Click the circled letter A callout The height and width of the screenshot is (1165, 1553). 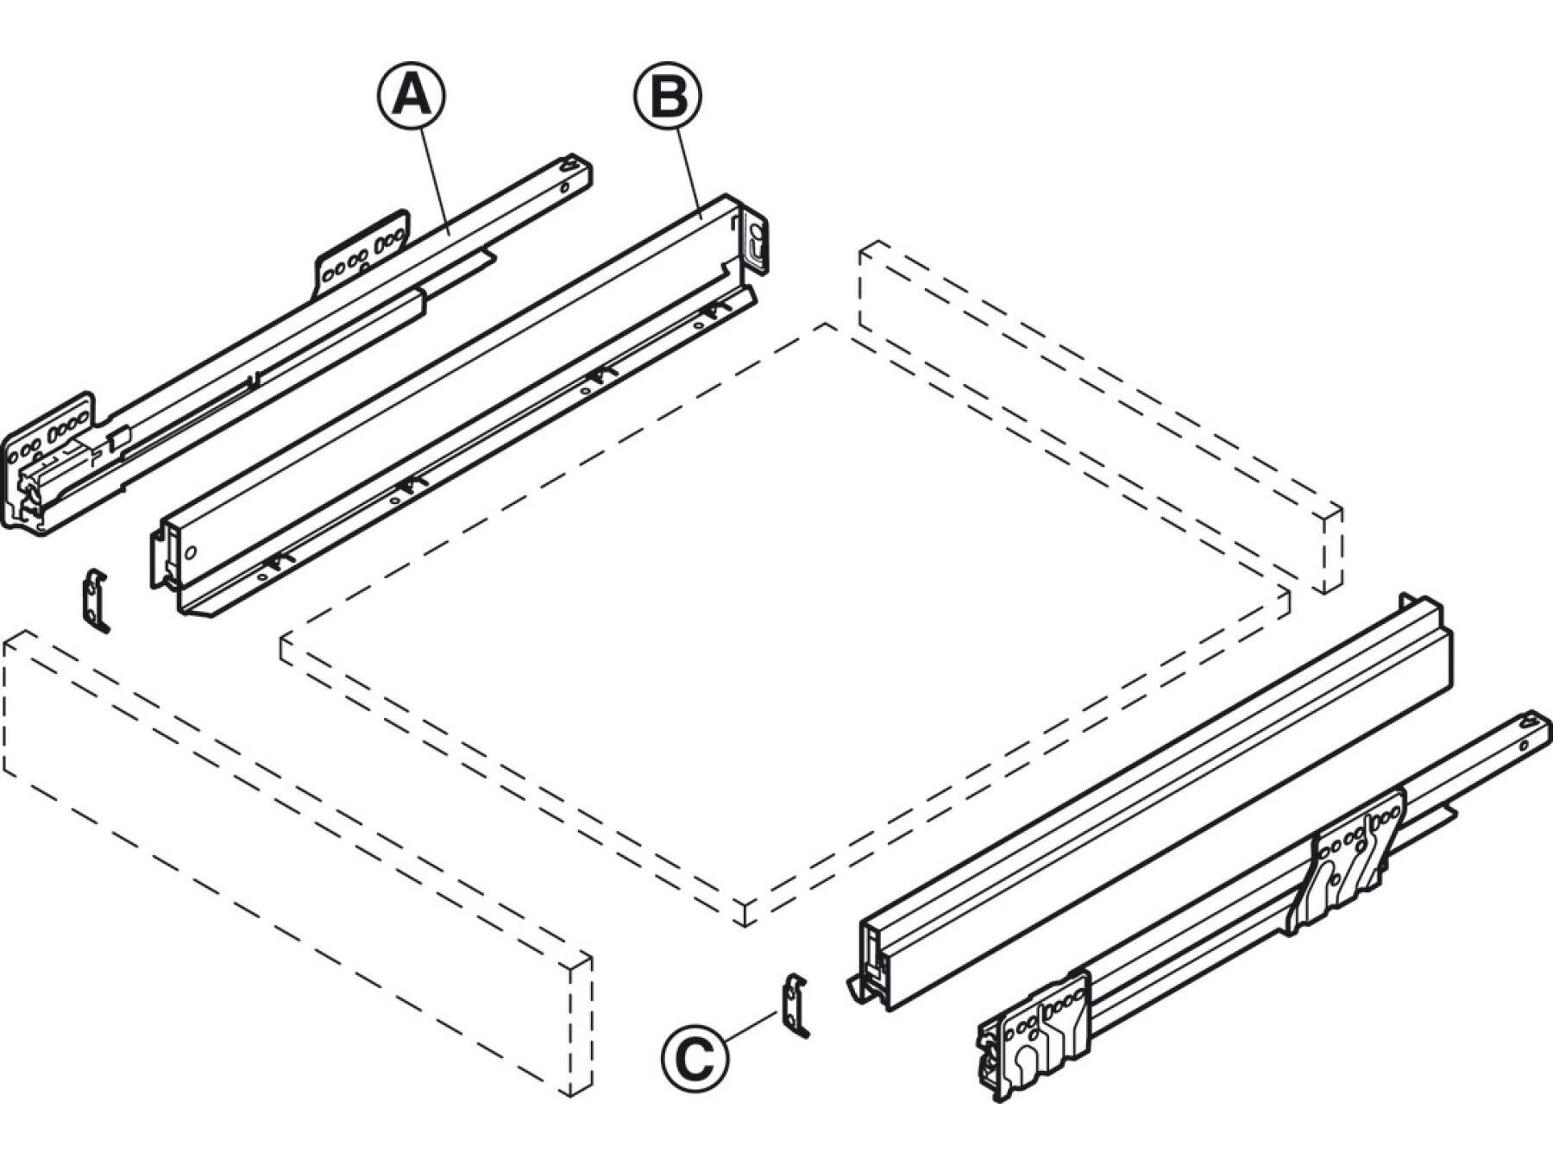[412, 95]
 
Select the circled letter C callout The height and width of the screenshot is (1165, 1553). [695, 1058]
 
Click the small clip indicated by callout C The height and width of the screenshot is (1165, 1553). [795, 1005]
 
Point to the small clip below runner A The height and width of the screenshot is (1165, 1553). [95, 601]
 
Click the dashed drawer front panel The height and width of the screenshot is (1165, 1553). [298, 863]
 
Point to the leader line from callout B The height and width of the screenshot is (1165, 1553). [688, 169]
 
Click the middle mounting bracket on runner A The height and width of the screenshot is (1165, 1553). [362, 255]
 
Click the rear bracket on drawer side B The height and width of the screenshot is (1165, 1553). [753, 242]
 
